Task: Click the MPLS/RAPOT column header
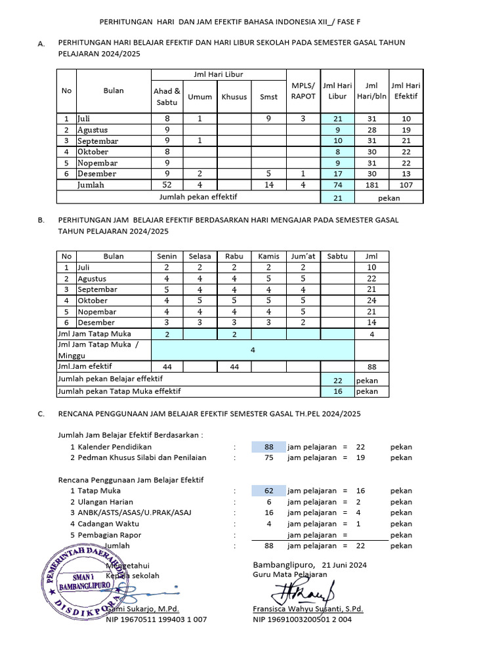(x=303, y=91)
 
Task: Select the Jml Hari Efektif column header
(x=406, y=91)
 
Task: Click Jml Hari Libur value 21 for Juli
(x=338, y=119)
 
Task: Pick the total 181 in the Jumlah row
(x=371, y=185)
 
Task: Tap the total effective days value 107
(x=406, y=185)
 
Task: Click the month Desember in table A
(x=96, y=174)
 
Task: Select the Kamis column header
(x=268, y=256)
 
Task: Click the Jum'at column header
(x=303, y=256)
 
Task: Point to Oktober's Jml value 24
(x=371, y=301)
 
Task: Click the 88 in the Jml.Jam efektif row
(x=371, y=367)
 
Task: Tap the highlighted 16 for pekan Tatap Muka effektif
(x=337, y=391)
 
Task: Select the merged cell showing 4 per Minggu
(x=253, y=350)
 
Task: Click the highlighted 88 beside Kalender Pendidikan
(x=268, y=447)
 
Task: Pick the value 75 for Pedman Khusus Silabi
(x=268, y=458)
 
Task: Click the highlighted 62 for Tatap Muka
(x=268, y=491)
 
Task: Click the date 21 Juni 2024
(x=344, y=564)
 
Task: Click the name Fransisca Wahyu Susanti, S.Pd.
(x=308, y=608)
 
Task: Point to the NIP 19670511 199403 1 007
(x=156, y=619)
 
